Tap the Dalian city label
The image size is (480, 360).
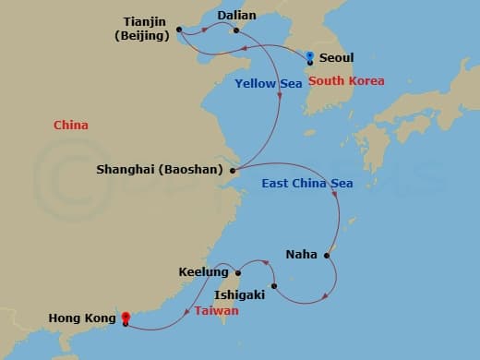(236, 15)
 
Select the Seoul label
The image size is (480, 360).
(335, 57)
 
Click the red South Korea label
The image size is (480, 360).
(346, 81)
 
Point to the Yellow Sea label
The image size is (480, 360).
(269, 84)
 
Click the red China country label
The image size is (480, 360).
(71, 125)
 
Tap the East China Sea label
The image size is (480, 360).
(307, 184)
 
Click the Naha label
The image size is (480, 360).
(303, 254)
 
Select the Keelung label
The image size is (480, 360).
(204, 272)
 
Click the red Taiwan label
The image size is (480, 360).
(216, 312)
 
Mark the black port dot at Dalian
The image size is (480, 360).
(236, 30)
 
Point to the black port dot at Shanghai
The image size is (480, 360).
(232, 171)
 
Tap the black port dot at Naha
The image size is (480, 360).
(327, 255)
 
